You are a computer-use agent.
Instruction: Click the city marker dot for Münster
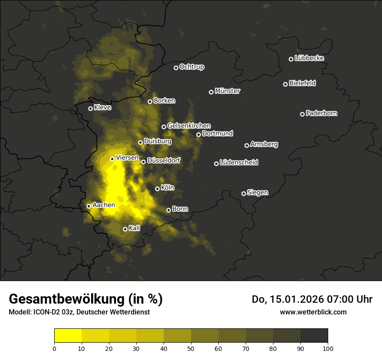(x=211, y=92)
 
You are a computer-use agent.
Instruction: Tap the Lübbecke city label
(x=309, y=59)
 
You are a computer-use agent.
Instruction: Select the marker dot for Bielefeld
(x=285, y=84)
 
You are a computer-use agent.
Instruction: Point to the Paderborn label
(x=321, y=114)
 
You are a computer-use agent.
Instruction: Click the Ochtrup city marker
(x=176, y=68)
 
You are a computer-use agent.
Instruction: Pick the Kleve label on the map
(x=102, y=108)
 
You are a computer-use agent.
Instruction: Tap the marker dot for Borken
(x=150, y=101)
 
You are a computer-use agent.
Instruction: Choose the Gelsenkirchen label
(x=189, y=126)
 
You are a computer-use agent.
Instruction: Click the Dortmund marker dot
(x=198, y=134)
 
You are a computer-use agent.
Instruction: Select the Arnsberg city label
(x=264, y=144)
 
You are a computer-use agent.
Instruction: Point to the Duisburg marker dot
(x=140, y=142)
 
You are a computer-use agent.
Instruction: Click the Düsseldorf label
(x=164, y=161)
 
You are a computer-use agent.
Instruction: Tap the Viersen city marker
(x=112, y=159)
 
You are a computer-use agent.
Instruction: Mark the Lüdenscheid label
(x=239, y=163)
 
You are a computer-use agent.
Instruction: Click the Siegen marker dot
(x=244, y=193)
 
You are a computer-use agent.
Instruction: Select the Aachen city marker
(x=89, y=206)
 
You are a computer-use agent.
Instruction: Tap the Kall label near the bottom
(x=134, y=228)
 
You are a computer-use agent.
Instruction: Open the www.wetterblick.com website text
(x=313, y=312)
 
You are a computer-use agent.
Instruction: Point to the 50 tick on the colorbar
(x=191, y=348)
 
